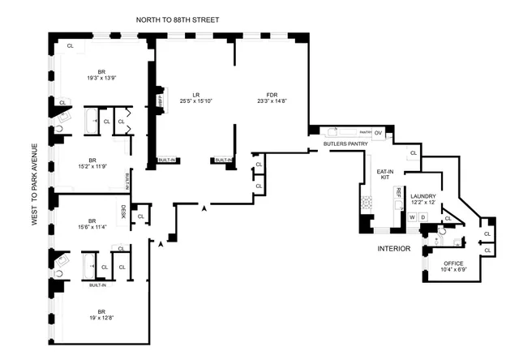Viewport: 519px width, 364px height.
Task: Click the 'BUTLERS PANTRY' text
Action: tap(346, 143)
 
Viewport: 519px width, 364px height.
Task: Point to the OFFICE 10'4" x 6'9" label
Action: tap(454, 266)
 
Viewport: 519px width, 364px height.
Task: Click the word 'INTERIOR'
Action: tap(393, 248)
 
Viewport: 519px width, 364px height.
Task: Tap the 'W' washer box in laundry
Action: tap(413, 216)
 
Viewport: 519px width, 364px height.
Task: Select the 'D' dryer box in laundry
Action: tap(423, 216)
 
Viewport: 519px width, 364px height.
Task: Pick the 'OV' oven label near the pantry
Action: tap(378, 133)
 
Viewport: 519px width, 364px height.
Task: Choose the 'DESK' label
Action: tap(123, 212)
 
